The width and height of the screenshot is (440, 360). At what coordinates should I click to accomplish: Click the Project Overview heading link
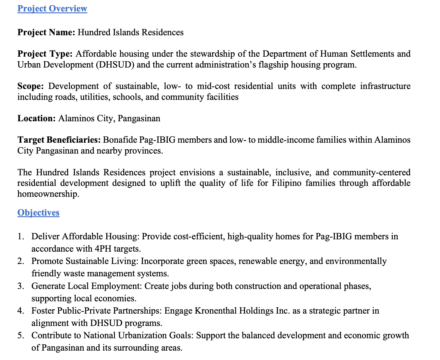coord(52,9)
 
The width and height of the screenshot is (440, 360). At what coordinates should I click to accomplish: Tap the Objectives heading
coord(38,212)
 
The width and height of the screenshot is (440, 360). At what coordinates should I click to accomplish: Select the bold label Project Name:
coord(46,32)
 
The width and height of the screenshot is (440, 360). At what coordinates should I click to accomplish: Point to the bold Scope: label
coord(31,86)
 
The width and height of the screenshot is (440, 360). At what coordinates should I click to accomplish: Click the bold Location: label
coord(36,118)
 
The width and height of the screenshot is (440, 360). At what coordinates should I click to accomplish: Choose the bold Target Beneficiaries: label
coord(59,140)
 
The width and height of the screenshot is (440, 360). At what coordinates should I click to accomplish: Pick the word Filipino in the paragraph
coord(286,183)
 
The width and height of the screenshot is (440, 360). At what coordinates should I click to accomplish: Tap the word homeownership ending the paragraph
coord(48,194)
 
